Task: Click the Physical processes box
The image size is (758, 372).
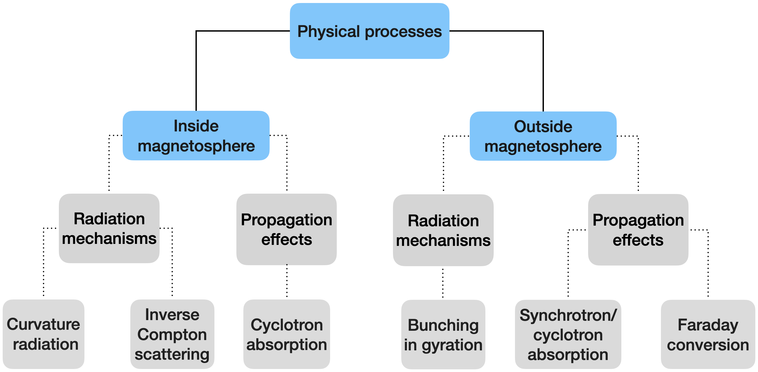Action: (x=369, y=31)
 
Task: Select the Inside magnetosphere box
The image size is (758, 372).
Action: (x=196, y=135)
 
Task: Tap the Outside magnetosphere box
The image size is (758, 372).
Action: (x=543, y=136)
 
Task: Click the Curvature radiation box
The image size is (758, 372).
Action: (x=44, y=334)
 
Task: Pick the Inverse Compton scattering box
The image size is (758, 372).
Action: (x=172, y=334)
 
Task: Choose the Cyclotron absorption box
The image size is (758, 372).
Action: (x=287, y=334)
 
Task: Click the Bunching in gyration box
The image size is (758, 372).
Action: (x=443, y=334)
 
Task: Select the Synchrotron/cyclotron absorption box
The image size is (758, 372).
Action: (x=568, y=334)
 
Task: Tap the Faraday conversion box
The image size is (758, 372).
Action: (x=708, y=334)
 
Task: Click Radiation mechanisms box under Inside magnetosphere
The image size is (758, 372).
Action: (x=109, y=228)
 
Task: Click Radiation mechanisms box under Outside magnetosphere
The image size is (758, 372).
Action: (x=443, y=230)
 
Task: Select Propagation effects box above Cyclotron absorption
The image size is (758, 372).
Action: (x=287, y=229)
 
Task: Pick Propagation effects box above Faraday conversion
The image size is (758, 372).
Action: (x=638, y=230)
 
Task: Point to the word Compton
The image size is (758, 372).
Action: (x=172, y=335)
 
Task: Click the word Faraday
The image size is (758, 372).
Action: (x=708, y=325)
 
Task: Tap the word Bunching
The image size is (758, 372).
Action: (x=443, y=325)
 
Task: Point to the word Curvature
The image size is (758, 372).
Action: (x=44, y=324)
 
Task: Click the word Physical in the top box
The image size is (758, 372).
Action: (x=329, y=32)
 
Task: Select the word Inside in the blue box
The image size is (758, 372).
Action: (x=196, y=126)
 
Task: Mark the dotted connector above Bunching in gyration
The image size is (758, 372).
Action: (x=443, y=283)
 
